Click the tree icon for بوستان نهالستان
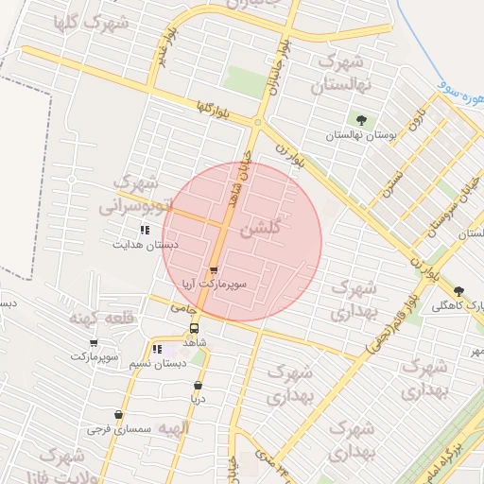[x=360, y=120]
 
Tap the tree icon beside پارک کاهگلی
[x=460, y=291]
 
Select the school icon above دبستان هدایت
[x=145, y=230]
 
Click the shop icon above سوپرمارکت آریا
[x=212, y=270]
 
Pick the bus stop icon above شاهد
[x=194, y=328]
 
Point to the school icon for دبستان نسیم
[x=158, y=350]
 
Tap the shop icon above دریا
[x=198, y=386]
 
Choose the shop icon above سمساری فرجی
[x=118, y=415]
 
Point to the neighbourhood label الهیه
[x=174, y=428]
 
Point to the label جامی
[x=181, y=309]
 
